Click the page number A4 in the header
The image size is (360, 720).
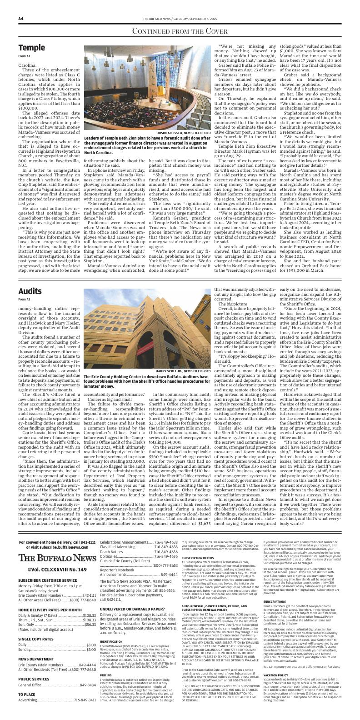(21, 19)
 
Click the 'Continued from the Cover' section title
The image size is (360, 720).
(180, 31)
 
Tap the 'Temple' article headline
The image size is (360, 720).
(31, 48)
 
